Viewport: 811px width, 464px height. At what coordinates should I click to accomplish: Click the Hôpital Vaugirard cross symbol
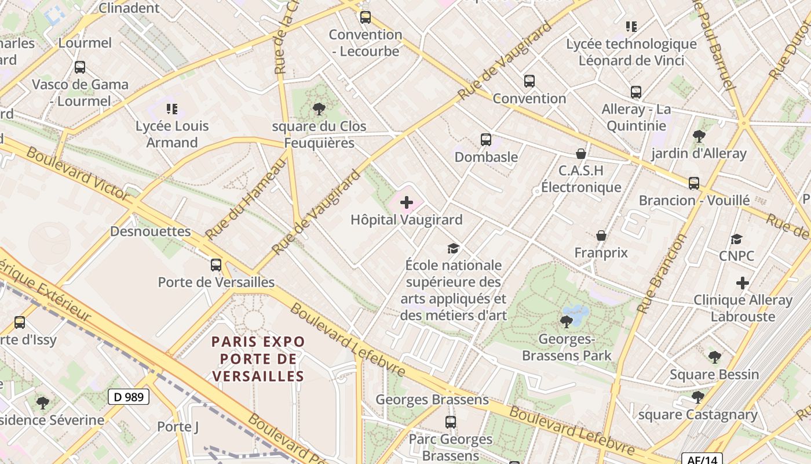(407, 202)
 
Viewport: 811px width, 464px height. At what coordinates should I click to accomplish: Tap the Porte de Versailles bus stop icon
(216, 265)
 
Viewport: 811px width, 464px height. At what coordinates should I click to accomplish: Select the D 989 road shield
(129, 397)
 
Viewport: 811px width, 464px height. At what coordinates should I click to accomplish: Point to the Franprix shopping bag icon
(601, 235)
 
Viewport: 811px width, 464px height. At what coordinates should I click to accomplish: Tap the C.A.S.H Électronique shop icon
(581, 154)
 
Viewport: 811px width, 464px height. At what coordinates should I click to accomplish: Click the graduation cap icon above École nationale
(454, 248)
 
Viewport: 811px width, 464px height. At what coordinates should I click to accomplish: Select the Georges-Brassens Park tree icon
(567, 321)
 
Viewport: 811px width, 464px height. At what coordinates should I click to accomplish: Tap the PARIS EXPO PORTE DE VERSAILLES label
(258, 358)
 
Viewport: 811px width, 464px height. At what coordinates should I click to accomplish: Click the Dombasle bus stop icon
(486, 140)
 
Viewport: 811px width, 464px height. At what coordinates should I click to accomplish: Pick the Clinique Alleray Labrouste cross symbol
(743, 283)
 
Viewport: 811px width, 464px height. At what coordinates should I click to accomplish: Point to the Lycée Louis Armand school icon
(171, 108)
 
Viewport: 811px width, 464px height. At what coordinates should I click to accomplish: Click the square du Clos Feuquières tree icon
(319, 108)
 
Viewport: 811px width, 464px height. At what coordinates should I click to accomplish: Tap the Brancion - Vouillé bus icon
(694, 183)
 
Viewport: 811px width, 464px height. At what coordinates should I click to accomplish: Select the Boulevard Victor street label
(78, 174)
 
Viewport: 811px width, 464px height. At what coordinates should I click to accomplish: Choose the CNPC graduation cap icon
(736, 239)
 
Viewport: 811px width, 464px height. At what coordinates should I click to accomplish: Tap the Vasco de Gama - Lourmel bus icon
(80, 67)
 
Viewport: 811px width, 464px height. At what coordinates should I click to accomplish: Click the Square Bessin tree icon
(714, 357)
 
